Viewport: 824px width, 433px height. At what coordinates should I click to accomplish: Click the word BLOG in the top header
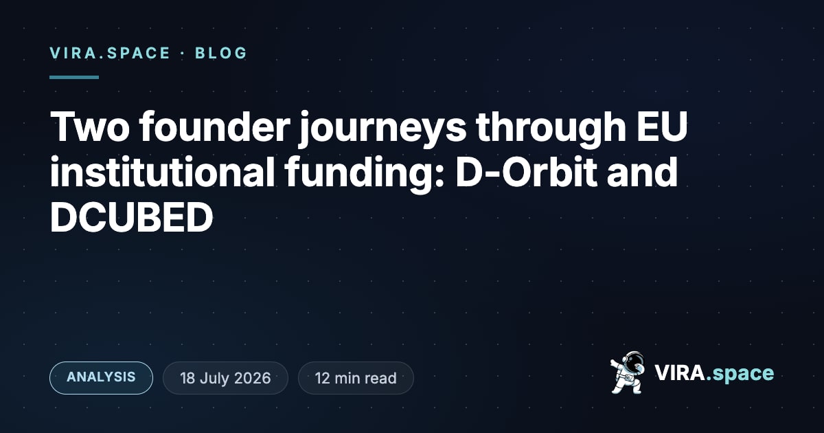pos(220,53)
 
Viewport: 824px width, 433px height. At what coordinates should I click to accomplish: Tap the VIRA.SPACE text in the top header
pos(110,53)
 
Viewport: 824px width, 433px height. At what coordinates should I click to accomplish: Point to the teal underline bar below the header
pos(74,77)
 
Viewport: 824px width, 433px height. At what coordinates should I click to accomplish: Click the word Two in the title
pos(90,127)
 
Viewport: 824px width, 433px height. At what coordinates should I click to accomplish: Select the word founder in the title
pos(214,126)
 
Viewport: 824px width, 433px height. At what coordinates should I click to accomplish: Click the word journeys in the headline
pos(382,130)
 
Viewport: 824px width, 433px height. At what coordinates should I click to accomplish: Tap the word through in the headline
pos(551,130)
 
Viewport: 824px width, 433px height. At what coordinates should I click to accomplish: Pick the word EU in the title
pos(662,127)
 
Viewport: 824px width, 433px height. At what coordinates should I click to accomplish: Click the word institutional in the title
pos(162,172)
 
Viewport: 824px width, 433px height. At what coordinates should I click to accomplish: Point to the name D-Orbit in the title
pos(527,172)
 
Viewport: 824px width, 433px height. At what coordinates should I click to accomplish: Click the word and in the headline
pos(642,172)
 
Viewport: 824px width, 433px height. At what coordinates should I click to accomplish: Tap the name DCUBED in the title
pos(131,217)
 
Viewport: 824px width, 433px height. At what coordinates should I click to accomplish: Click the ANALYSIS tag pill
pos(101,378)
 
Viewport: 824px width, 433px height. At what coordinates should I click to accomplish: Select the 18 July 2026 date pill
pos(225,378)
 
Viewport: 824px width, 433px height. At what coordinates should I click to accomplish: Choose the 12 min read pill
pos(356,378)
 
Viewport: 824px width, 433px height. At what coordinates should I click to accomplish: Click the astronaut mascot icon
pos(628,373)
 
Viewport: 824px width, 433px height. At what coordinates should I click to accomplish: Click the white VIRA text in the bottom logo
pos(680,373)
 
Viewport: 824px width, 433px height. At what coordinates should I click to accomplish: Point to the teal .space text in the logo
pos(740,375)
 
